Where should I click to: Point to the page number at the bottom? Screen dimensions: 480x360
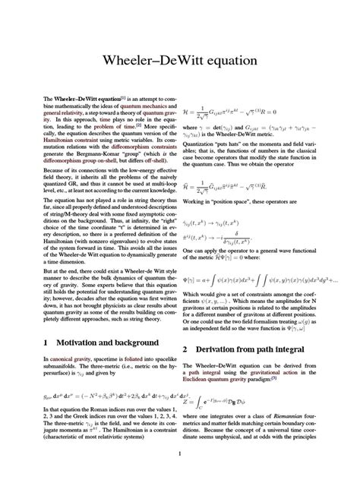(x=180, y=454)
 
